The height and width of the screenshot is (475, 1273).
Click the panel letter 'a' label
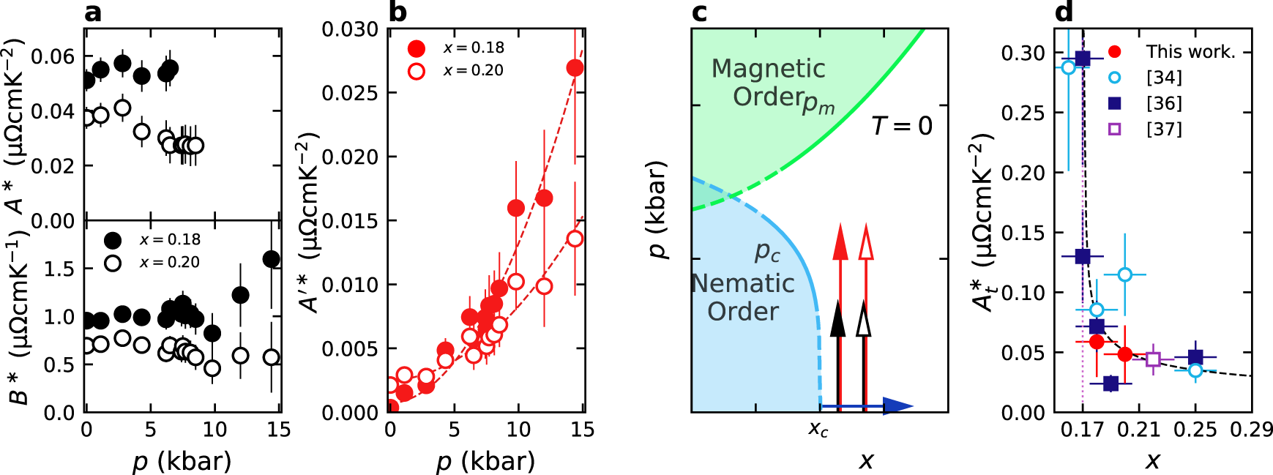coord(93,12)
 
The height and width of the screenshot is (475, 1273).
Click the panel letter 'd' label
coord(1064,12)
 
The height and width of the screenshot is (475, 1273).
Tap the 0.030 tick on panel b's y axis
coord(350,29)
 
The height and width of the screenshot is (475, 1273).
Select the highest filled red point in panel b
coord(575,68)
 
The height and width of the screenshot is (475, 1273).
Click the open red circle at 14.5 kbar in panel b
coord(575,239)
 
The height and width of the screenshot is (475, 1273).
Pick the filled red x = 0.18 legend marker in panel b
coord(417,48)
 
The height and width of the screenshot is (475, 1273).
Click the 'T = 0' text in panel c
coord(902,126)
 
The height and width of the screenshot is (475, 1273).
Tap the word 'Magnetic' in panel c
coord(768,69)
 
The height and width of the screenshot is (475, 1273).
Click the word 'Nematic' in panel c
coord(743,284)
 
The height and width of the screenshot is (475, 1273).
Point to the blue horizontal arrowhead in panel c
coord(897,405)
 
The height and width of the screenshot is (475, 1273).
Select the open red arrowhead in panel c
coord(865,243)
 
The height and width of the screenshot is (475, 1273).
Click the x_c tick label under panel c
coord(818,430)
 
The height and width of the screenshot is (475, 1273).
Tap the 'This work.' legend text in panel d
coord(1190,52)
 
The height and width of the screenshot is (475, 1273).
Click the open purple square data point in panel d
coord(1153,359)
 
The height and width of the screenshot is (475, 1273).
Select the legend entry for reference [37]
coord(1164,129)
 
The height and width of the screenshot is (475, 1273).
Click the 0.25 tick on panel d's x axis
coord(1195,430)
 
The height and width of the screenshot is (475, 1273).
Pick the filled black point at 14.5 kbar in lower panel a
coord(271,258)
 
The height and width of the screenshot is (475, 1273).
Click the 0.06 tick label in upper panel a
coord(53,56)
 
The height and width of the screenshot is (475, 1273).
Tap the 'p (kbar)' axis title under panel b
coord(485,461)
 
